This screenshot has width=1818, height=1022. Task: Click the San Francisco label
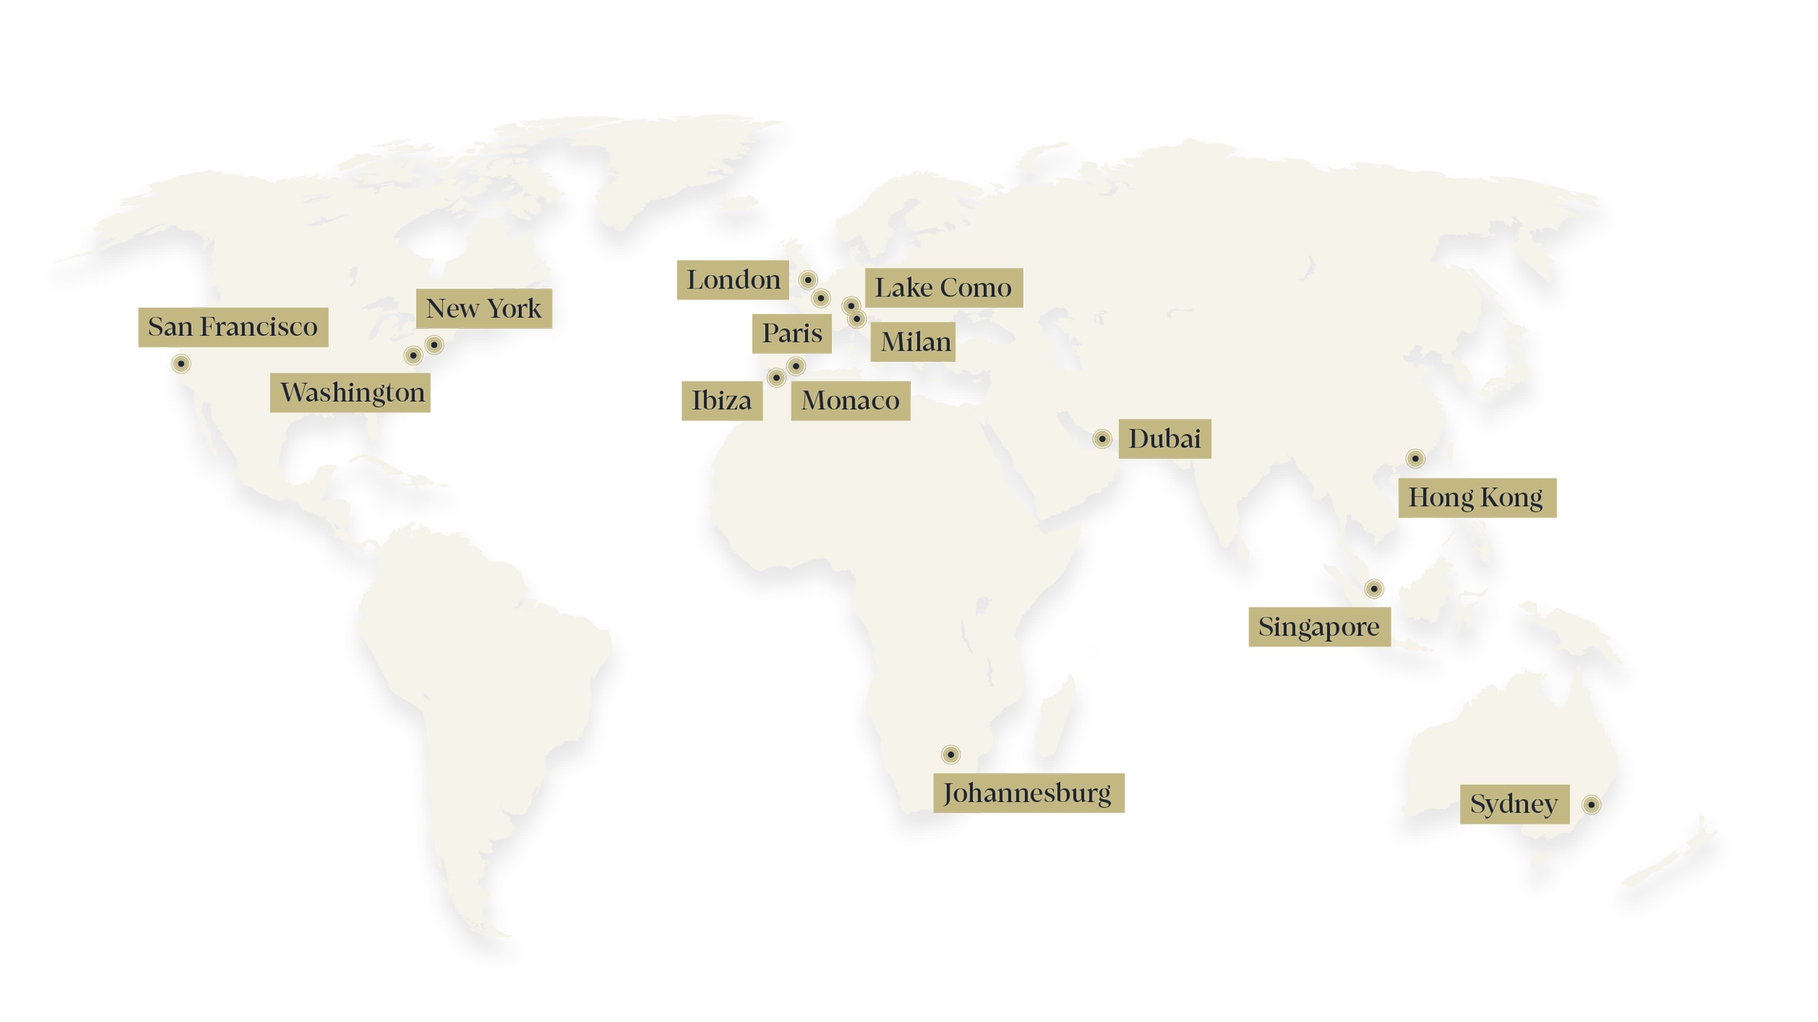[x=233, y=327]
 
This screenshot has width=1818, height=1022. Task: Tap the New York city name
[x=484, y=309]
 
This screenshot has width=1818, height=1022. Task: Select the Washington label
[x=352, y=393]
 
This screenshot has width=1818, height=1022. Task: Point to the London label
[x=734, y=280]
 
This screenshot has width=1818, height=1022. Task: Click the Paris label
[x=792, y=333]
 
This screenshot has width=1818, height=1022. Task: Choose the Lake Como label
[x=942, y=288]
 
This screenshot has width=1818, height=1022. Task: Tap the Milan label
[x=915, y=342]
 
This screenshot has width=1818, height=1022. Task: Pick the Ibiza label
[x=721, y=401]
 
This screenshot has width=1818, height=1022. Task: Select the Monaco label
[x=850, y=401]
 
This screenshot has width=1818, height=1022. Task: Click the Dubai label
[x=1164, y=439]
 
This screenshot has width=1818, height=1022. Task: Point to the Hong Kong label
[x=1475, y=498]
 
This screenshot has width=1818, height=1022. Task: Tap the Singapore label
[x=1319, y=627]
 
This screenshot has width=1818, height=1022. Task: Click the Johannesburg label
[x=1027, y=794]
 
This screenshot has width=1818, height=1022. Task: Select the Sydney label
[x=1513, y=805]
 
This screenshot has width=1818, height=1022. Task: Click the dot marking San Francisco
[x=180, y=364]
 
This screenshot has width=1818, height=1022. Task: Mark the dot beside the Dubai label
[x=1102, y=439]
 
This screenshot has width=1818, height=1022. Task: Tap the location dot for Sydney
[x=1591, y=806]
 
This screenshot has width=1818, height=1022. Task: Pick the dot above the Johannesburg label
[x=951, y=755]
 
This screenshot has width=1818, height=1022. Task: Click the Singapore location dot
[x=1374, y=589]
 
